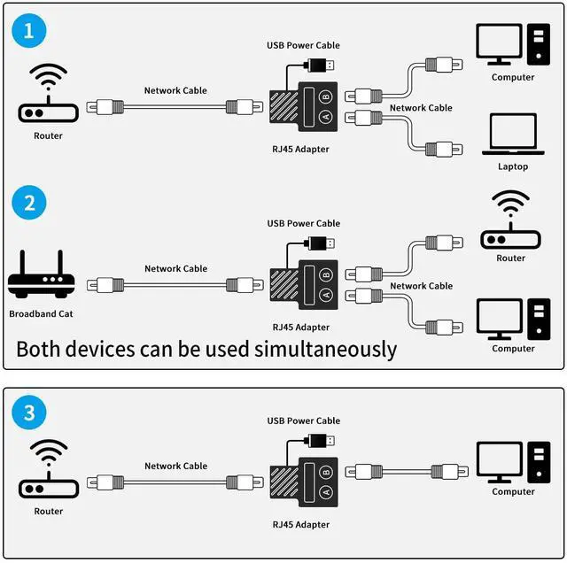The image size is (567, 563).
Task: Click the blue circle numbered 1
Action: tap(29, 33)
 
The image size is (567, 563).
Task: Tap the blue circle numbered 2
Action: tap(29, 203)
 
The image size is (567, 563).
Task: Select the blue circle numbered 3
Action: tap(29, 413)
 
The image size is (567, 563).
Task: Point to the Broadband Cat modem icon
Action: tap(41, 275)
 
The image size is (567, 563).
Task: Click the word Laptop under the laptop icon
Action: tap(513, 166)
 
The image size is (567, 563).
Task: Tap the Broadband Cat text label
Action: tap(41, 314)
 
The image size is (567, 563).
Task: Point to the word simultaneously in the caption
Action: tap(330, 349)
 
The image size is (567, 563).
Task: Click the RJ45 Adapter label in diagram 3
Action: tap(301, 525)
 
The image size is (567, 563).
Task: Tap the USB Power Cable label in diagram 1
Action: tap(303, 45)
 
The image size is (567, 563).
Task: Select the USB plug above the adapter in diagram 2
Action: tap(319, 242)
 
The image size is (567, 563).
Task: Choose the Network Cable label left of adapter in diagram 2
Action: tap(175, 268)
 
